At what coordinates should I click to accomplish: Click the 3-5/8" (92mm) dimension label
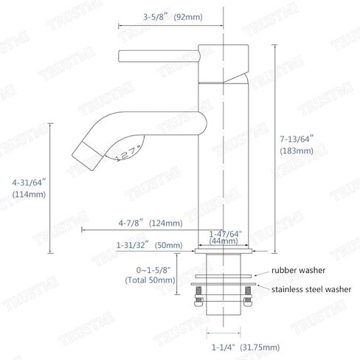click(173, 17)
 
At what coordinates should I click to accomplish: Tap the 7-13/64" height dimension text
click(297, 139)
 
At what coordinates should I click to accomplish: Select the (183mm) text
click(297, 150)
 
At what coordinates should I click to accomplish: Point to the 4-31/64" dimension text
click(29, 183)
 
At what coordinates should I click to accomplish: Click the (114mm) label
click(29, 194)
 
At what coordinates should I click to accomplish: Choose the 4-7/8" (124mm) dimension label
click(150, 223)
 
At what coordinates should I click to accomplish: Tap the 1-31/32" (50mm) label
click(150, 245)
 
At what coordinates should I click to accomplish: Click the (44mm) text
click(224, 241)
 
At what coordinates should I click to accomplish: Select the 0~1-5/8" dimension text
click(153, 270)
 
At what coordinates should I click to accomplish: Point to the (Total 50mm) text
click(150, 280)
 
